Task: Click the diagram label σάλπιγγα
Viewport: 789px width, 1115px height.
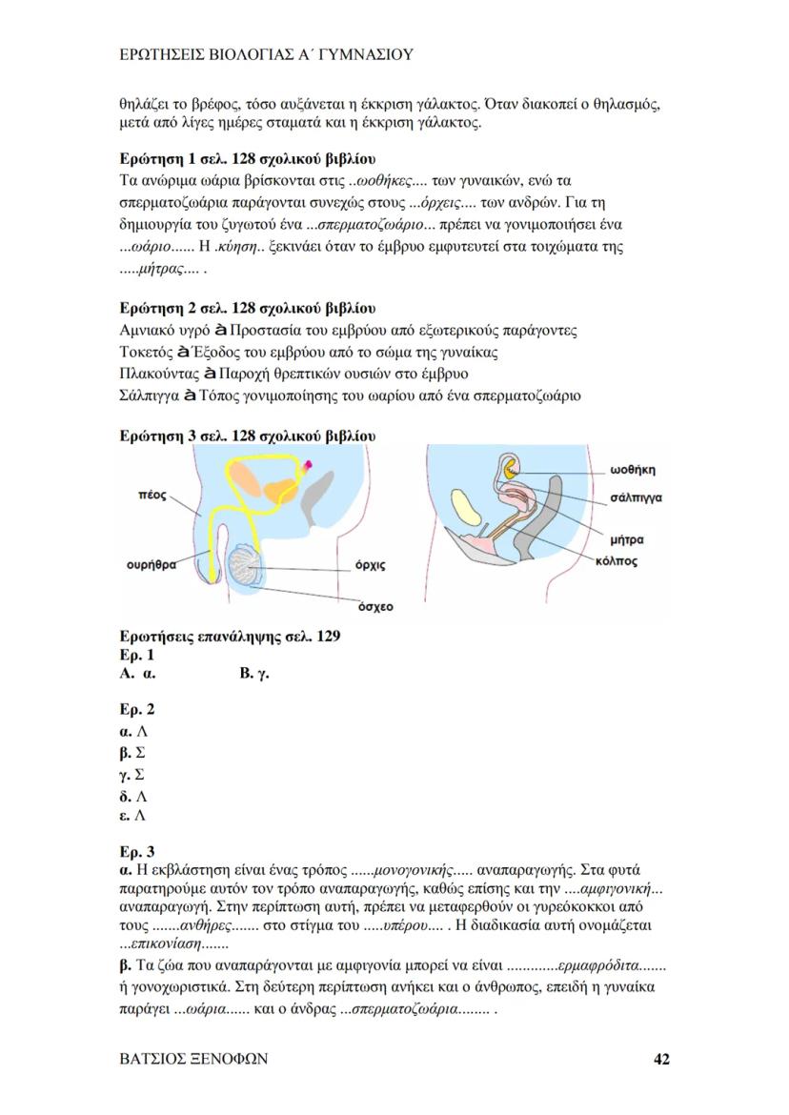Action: coord(637,497)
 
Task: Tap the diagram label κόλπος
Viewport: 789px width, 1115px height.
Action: coord(617,561)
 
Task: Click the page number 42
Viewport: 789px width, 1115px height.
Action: coord(662,1059)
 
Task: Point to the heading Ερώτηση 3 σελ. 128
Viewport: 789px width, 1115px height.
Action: coord(247,436)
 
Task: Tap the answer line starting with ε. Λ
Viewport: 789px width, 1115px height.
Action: coord(132,816)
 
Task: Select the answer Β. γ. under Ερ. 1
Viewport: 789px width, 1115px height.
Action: coord(255,674)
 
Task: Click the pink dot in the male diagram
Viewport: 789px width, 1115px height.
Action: coord(312,467)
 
